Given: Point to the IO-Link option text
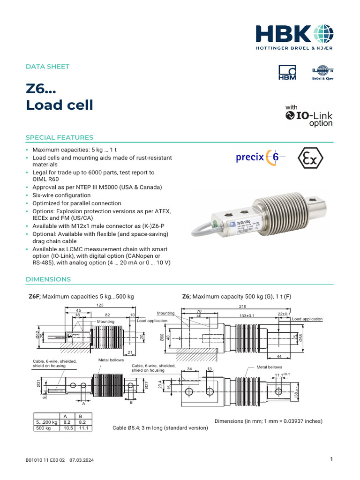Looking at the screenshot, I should (x=309, y=116).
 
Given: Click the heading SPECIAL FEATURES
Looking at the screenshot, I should (x=59, y=137).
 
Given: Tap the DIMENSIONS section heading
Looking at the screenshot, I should (x=48, y=279).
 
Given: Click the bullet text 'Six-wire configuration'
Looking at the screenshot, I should (x=61, y=195).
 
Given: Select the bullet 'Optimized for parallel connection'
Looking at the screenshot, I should (x=76, y=203).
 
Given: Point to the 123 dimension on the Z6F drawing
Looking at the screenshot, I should (x=99, y=305).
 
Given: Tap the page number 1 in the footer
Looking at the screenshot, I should (x=331, y=460).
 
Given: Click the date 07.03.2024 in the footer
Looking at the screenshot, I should (x=82, y=461).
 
